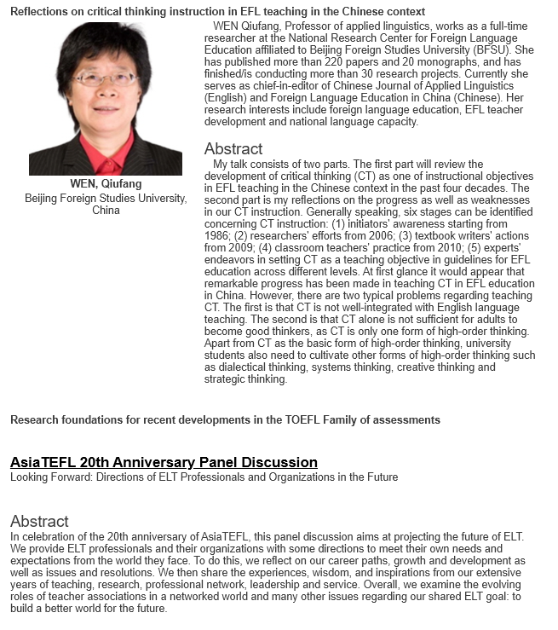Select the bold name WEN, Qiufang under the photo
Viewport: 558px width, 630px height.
[106, 184]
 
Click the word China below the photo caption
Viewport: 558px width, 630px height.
[106, 211]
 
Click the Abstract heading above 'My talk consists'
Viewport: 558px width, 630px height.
[233, 149]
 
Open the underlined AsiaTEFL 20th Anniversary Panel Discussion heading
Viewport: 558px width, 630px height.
[164, 462]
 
